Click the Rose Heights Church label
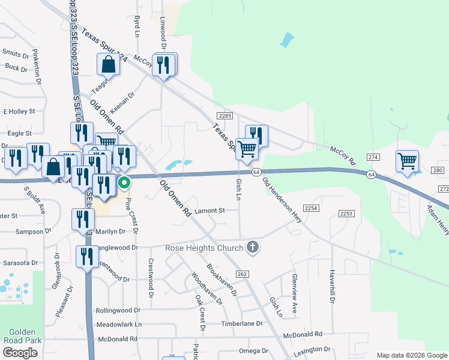pos(204,248)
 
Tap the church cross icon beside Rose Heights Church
pos(253,247)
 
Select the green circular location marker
pos(124,182)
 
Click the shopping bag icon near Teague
pos(108,64)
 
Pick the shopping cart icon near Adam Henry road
pos(408,161)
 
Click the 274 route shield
pos(375,157)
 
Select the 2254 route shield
pos(310,208)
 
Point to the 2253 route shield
pos(346,214)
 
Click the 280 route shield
pos(437,170)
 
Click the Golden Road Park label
pos(22,337)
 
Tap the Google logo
pos(20,353)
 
